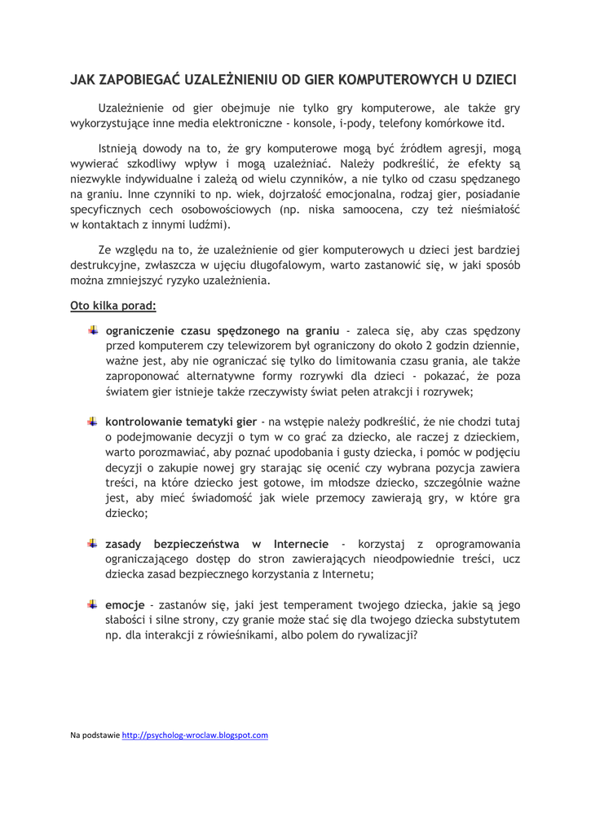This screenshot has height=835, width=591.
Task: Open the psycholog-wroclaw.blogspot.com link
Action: tap(195, 735)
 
